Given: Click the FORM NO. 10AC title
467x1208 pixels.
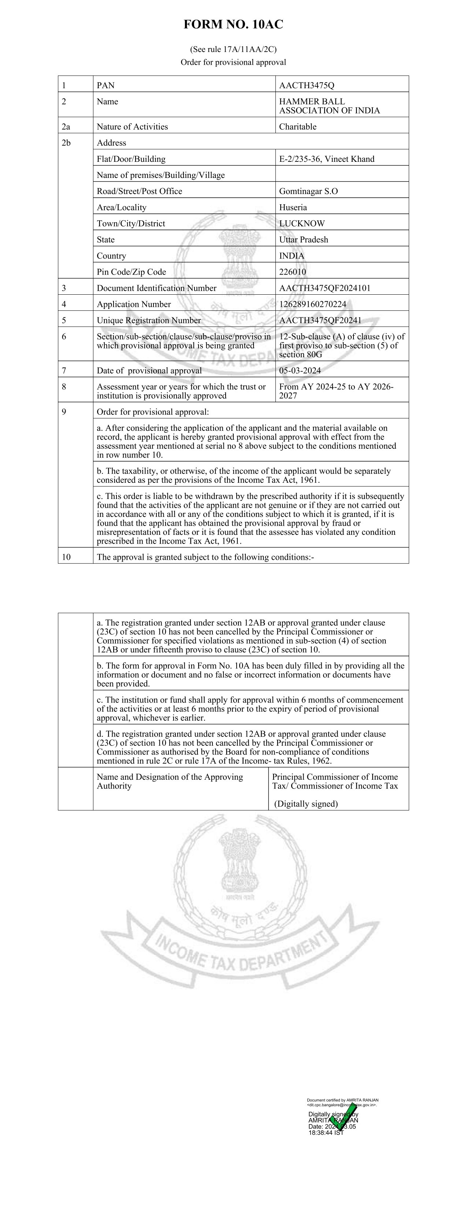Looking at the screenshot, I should [233, 25].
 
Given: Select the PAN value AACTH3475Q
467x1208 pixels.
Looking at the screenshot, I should [307, 85].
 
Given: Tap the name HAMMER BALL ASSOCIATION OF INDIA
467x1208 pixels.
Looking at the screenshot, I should [329, 106].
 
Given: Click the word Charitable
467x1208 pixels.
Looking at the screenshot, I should [297, 127].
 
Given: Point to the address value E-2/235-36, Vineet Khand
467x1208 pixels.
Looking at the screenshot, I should [327, 159].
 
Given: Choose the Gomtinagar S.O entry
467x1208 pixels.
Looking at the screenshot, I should [308, 191].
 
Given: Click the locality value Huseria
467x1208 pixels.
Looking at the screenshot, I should [293, 207].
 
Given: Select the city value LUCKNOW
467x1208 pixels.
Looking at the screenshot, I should [302, 224].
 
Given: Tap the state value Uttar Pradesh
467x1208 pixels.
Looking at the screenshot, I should [304, 240].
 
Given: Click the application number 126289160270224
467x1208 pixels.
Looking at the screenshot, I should [312, 304].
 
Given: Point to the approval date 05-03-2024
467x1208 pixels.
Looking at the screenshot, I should [300, 370].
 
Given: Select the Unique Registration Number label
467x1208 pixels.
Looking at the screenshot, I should [149, 320].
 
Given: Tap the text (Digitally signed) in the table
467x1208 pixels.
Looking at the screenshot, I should [306, 804].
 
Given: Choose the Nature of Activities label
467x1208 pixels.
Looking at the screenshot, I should [132, 127].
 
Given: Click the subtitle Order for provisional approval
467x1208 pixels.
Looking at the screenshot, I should [233, 62].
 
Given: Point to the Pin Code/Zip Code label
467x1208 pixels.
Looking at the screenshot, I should [131, 272].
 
